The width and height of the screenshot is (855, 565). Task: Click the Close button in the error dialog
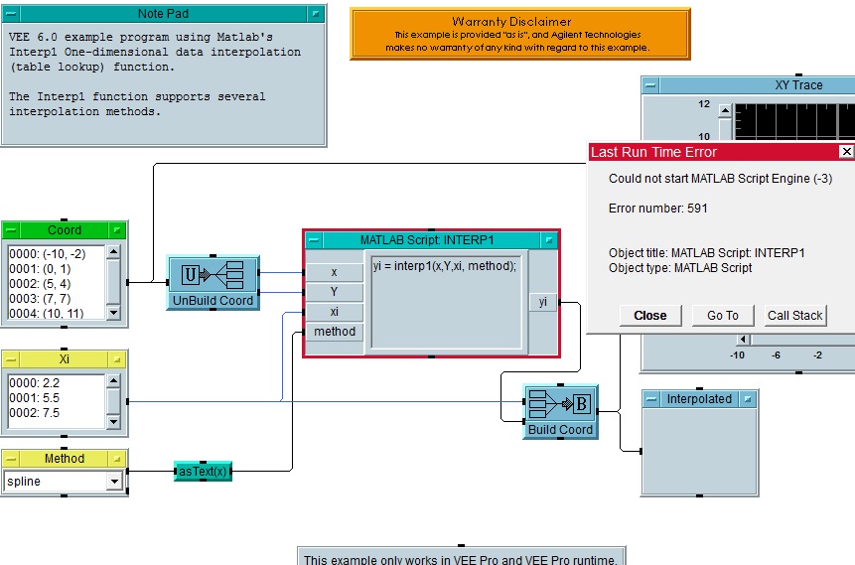650,316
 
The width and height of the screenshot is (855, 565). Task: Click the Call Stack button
795,316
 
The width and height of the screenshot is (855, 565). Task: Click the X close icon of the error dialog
846,152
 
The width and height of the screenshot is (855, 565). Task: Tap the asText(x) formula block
203,472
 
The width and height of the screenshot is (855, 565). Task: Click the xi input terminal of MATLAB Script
334,312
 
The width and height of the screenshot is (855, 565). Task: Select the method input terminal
335,332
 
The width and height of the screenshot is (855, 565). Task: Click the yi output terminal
542,302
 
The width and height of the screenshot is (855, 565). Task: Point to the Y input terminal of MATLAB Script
334,292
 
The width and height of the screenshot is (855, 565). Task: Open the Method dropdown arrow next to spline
115,482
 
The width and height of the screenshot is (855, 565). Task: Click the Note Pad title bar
164,14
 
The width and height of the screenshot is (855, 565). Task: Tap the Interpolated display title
699,399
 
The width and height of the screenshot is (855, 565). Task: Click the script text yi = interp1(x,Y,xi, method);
445,266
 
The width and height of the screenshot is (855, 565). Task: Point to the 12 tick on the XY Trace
703,103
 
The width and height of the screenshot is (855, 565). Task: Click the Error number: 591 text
657,209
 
